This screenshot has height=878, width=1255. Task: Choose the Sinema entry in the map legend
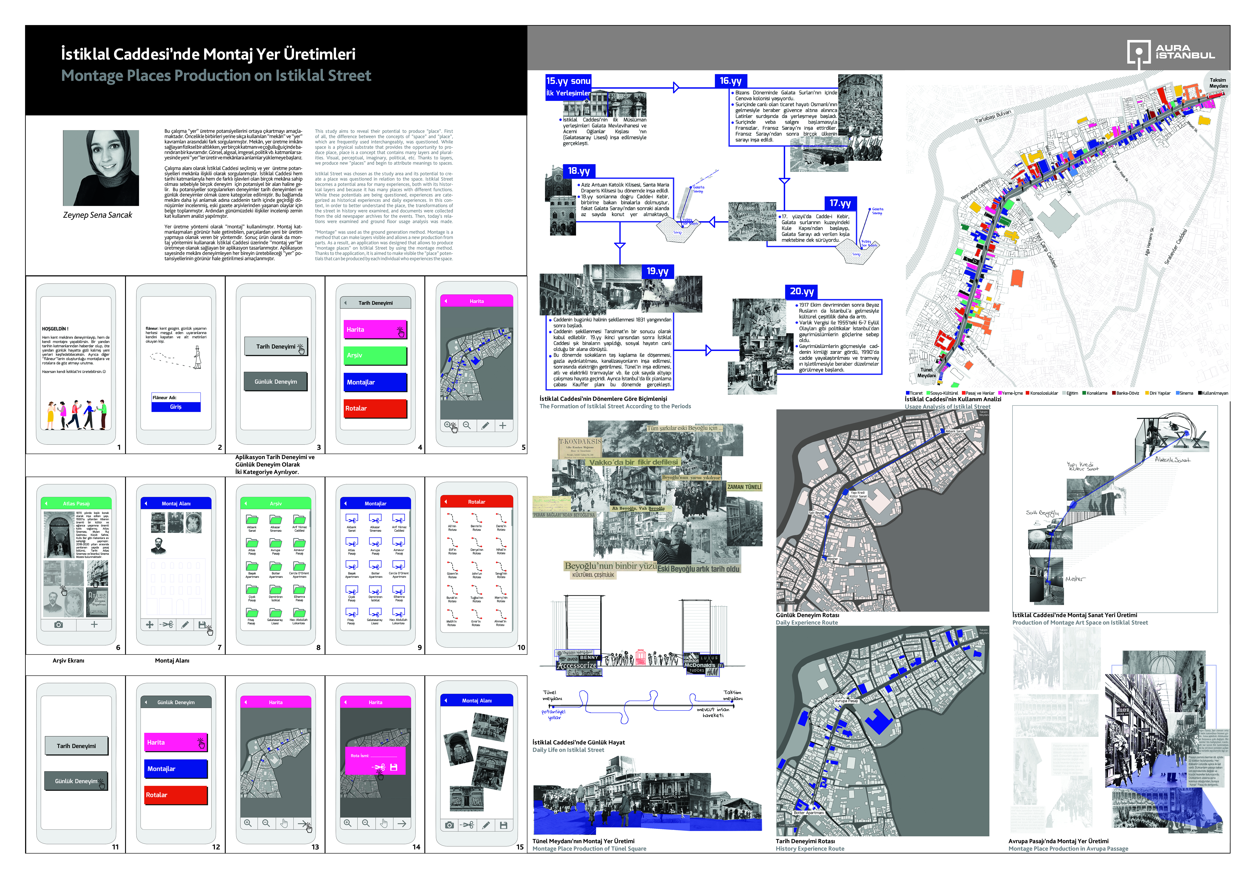tap(1185, 393)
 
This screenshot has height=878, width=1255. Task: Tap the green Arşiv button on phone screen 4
tap(375, 355)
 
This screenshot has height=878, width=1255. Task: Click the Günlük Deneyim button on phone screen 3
tap(275, 381)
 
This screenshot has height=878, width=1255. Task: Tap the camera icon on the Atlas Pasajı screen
tap(58, 625)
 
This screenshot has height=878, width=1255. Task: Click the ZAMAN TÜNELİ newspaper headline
tap(744, 487)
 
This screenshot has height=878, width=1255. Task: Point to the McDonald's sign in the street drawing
tap(699, 665)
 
